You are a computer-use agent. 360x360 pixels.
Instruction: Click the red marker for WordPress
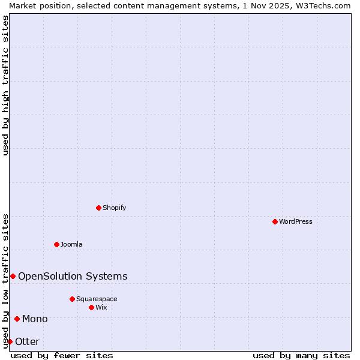click(275, 221)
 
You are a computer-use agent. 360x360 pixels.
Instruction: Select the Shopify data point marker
click(98, 208)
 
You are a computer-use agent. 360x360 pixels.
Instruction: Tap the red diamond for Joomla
click(56, 244)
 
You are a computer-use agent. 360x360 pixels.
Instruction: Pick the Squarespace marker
click(72, 299)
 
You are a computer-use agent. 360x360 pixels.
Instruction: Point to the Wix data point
click(91, 307)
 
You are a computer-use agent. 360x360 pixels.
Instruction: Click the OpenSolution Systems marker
click(13, 276)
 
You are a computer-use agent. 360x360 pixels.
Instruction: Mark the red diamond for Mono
click(17, 319)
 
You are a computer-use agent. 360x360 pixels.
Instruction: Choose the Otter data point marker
click(10, 341)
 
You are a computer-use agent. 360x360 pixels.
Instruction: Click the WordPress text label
click(296, 221)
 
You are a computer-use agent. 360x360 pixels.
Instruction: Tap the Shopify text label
click(114, 208)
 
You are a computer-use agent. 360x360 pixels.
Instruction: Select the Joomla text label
click(71, 244)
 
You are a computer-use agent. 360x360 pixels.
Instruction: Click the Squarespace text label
click(97, 299)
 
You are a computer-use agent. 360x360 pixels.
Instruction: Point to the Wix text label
click(101, 307)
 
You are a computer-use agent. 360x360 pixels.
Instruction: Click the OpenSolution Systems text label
click(73, 276)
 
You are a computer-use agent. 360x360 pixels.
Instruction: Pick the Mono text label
click(35, 319)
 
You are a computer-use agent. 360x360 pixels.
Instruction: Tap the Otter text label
click(27, 341)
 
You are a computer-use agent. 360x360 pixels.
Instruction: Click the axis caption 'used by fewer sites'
click(62, 355)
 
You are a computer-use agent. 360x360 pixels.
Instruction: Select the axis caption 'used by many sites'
click(301, 355)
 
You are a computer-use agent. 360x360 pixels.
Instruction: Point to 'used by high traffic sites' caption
click(5, 86)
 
